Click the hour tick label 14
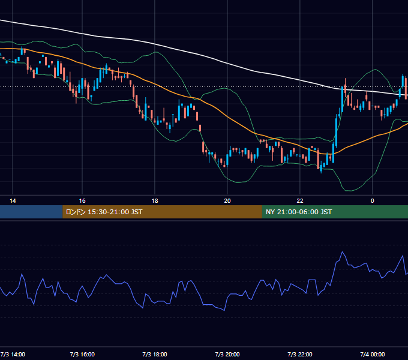click(x=13, y=201)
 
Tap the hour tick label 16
click(x=82, y=201)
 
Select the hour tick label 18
click(x=155, y=201)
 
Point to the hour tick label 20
click(x=227, y=201)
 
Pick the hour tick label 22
click(x=300, y=201)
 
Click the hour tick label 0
click(x=373, y=201)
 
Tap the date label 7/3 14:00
click(x=13, y=355)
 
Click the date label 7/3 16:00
click(x=82, y=355)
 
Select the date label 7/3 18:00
click(x=155, y=355)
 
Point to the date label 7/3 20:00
click(x=227, y=355)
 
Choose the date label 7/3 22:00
click(x=300, y=355)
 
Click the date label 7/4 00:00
click(x=373, y=355)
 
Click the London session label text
click(x=104, y=212)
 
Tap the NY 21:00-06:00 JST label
click(x=299, y=212)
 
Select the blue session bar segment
click(x=31, y=212)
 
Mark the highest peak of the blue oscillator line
click(x=343, y=252)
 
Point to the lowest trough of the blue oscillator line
click(x=224, y=310)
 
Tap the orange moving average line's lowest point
click(x=328, y=154)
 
